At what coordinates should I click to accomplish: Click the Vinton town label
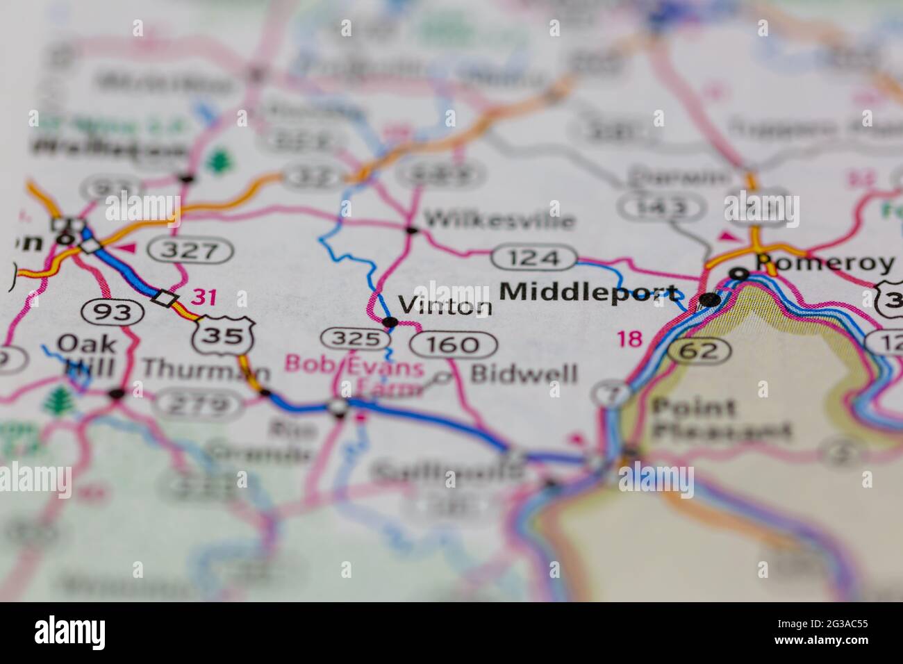445,306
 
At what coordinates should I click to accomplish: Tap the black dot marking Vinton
390,322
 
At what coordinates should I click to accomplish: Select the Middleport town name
589,292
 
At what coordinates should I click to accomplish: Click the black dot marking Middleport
710,300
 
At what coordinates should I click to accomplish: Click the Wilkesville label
499,221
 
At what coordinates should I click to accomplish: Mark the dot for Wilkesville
411,229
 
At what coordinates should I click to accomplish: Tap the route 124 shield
533,258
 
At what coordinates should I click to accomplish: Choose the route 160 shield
454,345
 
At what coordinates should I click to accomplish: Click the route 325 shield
354,339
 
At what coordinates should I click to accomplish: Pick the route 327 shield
192,250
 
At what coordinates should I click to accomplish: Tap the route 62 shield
699,351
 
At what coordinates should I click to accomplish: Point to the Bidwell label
524,374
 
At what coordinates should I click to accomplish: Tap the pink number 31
204,298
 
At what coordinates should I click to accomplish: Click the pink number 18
630,339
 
